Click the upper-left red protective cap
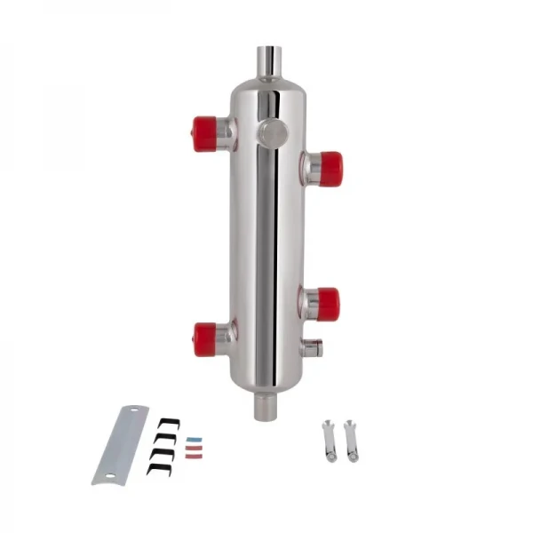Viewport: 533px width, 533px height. coord(205,133)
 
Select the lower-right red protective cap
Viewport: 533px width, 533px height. coord(328,304)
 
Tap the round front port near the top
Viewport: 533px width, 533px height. coord(272,133)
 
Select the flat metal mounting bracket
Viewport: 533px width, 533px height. coord(121,444)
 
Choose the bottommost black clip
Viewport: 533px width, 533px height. coord(158,467)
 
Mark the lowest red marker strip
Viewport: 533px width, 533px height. coord(193,457)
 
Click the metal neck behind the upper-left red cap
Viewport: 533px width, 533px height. coord(226,133)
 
